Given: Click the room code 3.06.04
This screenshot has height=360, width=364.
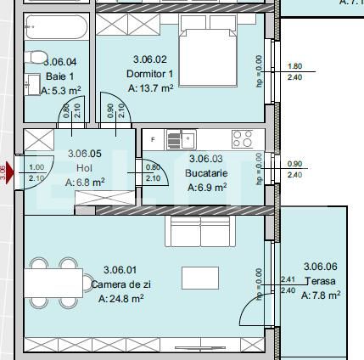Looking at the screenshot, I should (59, 61).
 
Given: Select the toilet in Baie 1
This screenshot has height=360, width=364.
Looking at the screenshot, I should (36, 58).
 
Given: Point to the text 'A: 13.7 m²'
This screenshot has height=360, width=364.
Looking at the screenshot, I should (151, 87).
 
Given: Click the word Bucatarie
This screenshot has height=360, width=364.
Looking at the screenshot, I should (206, 173).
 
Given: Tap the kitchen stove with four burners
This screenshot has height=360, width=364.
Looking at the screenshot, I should (242, 138).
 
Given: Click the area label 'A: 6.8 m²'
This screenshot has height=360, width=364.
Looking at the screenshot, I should (86, 182).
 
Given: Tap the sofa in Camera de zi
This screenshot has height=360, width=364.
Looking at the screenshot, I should (202, 230).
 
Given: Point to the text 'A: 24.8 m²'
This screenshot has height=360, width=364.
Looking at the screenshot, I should (121, 299).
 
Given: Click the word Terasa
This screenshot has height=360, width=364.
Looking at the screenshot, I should (319, 281).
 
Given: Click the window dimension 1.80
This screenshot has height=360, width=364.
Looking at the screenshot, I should (295, 66).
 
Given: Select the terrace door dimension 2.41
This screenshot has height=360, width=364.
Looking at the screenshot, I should (287, 279).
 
